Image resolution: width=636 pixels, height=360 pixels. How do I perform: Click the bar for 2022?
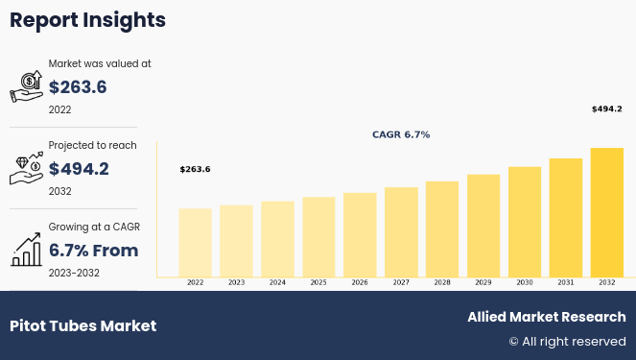point(196,242)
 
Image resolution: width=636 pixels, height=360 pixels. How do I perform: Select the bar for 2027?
point(401,231)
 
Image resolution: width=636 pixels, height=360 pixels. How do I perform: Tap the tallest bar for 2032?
point(606,212)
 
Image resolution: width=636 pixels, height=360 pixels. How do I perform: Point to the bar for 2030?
point(525,222)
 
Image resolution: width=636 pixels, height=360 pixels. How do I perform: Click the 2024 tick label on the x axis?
point(277,283)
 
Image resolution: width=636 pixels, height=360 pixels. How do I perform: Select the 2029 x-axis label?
point(483,283)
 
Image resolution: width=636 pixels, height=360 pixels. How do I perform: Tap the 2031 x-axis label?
point(566,283)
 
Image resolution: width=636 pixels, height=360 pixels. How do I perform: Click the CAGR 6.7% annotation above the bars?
point(401,135)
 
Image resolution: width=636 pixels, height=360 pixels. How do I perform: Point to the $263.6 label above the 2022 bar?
point(195,170)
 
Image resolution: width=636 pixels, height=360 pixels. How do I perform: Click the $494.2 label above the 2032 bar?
point(606,109)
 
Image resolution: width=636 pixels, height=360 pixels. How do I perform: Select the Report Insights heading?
point(87,20)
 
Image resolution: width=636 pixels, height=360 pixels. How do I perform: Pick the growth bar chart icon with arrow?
point(26,250)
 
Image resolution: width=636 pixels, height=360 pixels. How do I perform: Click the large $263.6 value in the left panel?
point(78,87)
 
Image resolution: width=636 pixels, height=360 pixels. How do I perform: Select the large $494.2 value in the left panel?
point(79,169)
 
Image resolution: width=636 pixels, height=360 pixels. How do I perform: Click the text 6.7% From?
point(93,251)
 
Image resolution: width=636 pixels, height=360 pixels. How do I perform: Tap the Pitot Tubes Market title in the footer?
point(82,325)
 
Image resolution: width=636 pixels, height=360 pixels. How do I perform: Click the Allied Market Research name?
point(546,317)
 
